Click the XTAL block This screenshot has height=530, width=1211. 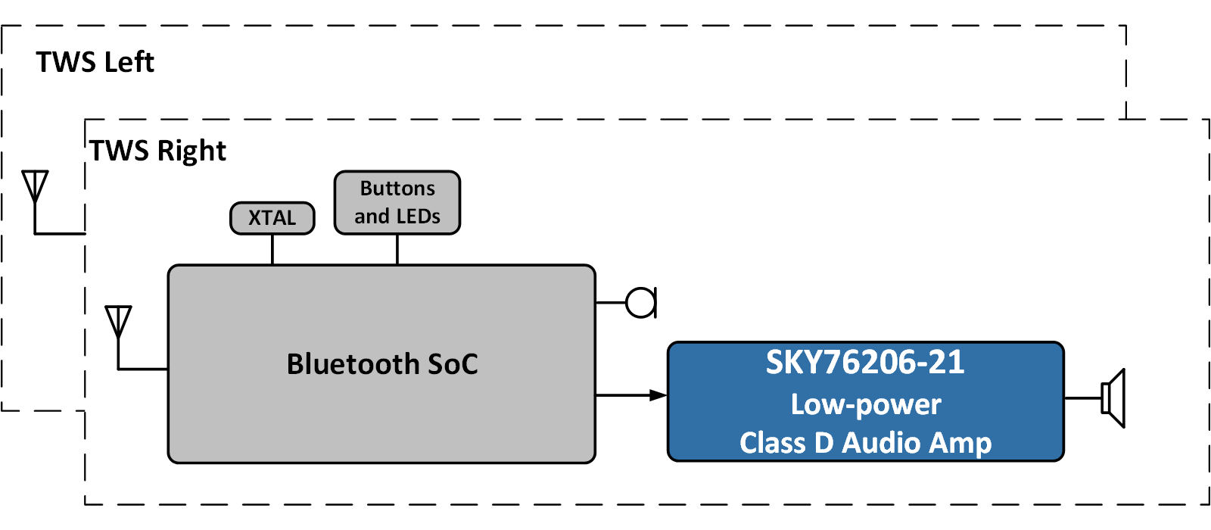[x=272, y=218]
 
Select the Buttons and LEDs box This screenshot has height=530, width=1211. [x=397, y=202]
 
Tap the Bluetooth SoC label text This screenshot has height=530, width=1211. [x=382, y=364]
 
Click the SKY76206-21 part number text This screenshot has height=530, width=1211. [x=865, y=362]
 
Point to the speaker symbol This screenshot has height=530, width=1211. [x=1114, y=398]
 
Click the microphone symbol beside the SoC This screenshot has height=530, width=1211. [x=642, y=303]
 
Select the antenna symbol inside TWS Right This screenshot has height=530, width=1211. [x=119, y=322]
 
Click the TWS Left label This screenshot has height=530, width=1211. [x=95, y=62]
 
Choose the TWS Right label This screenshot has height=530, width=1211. [x=158, y=151]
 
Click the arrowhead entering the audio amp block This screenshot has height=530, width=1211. [x=658, y=395]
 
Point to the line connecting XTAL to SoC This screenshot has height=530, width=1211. [x=272, y=250]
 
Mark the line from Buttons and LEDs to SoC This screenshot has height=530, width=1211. [x=397, y=250]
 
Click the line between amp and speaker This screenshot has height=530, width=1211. [x=1082, y=398]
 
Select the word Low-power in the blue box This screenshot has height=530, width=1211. [x=866, y=404]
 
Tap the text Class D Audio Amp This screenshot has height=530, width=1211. [x=865, y=443]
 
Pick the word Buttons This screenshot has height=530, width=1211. [x=397, y=188]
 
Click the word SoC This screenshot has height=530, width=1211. [x=453, y=364]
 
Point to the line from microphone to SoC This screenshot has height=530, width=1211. [x=611, y=303]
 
